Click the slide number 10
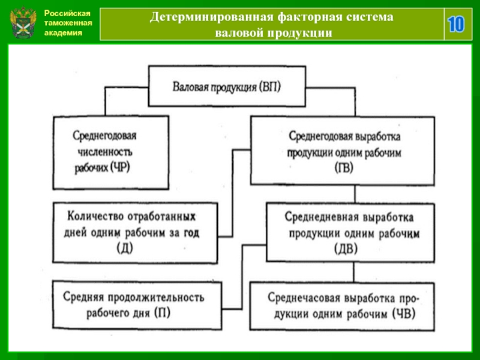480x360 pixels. point(456,24)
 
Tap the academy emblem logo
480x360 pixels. point(23,22)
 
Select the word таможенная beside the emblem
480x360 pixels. point(68,23)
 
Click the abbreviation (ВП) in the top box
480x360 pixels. point(269,87)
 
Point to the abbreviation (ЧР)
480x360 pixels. point(119,167)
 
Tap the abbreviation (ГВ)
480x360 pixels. point(344,168)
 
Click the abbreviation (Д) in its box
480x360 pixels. point(125,248)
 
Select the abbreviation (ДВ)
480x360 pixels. point(346,249)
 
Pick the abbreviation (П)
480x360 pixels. point(162,313)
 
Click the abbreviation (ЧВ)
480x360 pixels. point(404,314)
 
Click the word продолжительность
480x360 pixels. point(155,297)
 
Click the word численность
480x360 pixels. point(105,152)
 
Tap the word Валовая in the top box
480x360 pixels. point(189,87)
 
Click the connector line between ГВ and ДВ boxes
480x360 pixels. point(355,194)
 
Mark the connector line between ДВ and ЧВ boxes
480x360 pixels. point(354,272)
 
